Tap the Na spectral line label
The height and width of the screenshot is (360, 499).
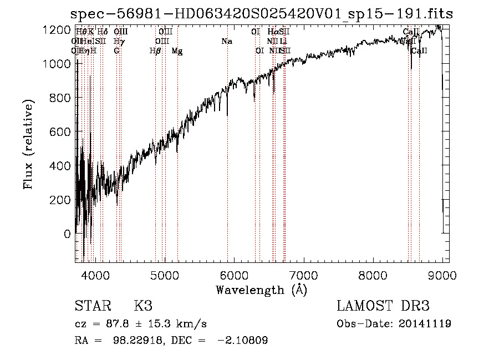click(226, 41)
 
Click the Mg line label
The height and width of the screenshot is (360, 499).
click(177, 51)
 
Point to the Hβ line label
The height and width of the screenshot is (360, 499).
click(155, 51)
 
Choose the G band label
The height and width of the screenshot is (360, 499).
click(116, 51)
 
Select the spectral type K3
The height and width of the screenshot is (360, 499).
click(143, 306)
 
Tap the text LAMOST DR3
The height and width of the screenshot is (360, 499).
click(383, 306)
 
